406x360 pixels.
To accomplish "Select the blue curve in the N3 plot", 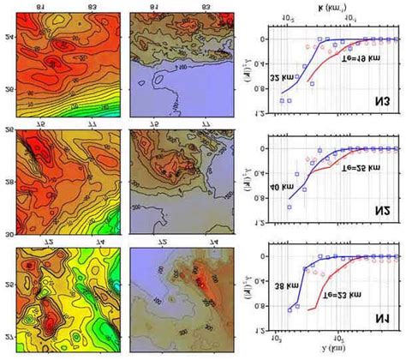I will [300, 73].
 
